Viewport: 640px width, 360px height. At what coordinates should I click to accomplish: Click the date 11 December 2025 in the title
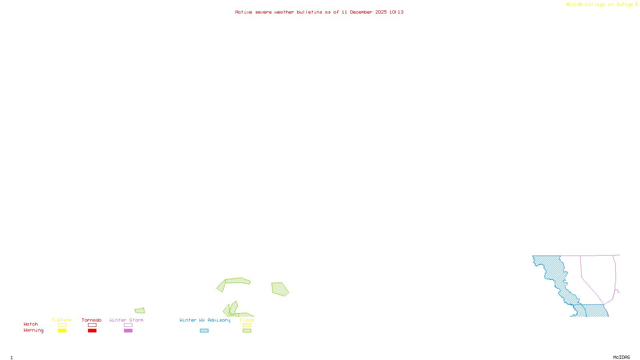tap(364, 12)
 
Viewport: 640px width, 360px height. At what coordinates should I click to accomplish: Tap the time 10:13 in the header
tap(396, 12)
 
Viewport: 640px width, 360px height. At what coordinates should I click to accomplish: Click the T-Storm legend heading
tap(62, 320)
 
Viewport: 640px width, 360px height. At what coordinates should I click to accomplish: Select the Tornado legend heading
tap(92, 320)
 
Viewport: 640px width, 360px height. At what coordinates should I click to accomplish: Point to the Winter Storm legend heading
tap(126, 320)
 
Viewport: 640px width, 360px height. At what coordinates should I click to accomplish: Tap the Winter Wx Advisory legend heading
tap(205, 320)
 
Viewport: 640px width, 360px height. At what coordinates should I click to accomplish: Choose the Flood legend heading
tap(247, 320)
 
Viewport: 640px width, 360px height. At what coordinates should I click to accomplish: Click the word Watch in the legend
tap(31, 324)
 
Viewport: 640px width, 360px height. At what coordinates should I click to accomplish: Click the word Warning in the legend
tap(33, 330)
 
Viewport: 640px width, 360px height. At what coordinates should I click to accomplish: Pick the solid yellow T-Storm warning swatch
tap(62, 331)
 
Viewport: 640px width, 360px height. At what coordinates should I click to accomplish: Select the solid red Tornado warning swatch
tap(92, 331)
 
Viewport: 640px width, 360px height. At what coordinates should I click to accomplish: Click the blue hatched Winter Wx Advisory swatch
tap(204, 331)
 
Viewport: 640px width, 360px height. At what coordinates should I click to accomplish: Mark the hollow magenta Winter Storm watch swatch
tap(128, 325)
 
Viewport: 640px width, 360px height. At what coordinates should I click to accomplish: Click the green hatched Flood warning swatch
tap(247, 331)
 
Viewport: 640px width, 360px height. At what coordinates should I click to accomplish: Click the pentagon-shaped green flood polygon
tap(280, 289)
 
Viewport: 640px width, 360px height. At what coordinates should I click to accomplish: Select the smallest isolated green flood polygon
tap(140, 310)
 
